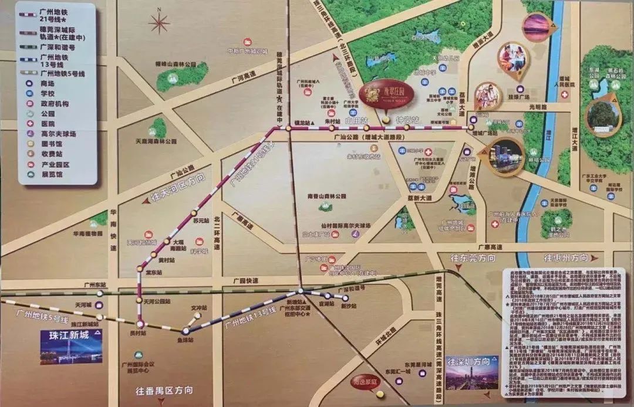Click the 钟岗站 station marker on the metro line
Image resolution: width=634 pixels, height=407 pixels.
coord(385,126)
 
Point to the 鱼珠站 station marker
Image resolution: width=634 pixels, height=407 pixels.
coord(186,331)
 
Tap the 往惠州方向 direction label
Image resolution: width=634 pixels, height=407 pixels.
coord(565,258)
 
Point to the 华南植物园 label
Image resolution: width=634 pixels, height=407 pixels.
coord(87,233)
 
